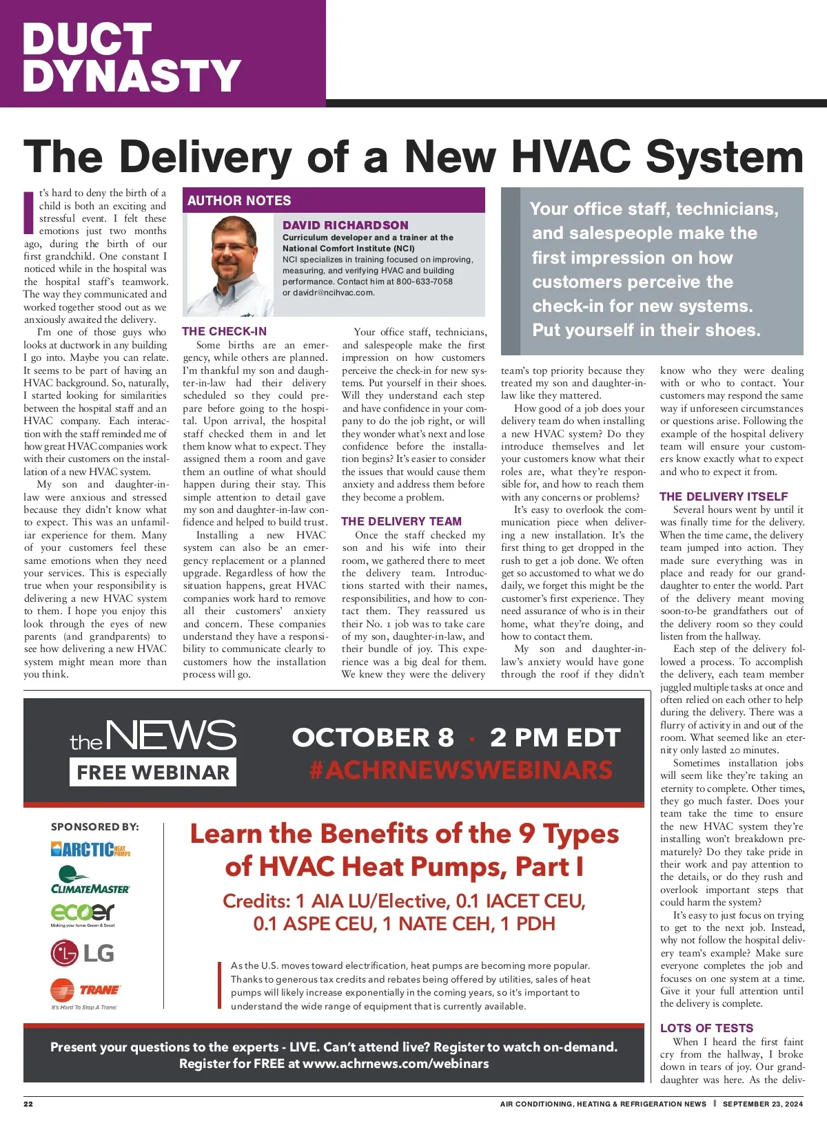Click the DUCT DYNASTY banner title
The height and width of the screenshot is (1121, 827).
coord(131,58)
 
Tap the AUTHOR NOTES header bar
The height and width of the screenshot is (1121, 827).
coord(334,200)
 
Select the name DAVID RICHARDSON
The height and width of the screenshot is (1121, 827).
coord(345,225)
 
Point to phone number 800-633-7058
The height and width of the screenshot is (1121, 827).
coord(425,282)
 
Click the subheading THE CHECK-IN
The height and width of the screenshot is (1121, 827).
coord(224,331)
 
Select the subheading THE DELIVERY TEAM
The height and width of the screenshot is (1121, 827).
coord(401,521)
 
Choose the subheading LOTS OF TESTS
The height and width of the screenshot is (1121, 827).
coord(706,1028)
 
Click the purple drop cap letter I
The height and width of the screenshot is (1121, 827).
coord(28,212)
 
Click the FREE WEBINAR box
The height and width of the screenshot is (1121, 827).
coord(153,773)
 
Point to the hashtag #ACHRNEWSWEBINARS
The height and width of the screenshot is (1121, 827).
coord(461,770)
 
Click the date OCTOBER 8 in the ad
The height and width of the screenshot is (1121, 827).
coord(373,737)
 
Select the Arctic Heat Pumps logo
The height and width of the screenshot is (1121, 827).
coord(90,850)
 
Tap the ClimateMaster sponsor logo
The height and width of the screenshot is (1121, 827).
coord(90,881)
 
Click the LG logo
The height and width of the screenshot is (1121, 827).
coord(82,954)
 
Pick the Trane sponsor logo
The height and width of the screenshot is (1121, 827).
coord(85,992)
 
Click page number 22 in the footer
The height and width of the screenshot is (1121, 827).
coord(28,1104)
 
